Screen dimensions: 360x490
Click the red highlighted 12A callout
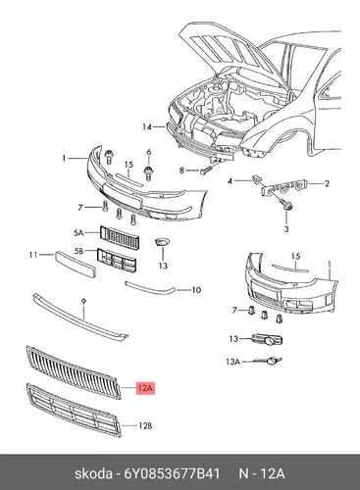pyautogui.click(x=145, y=388)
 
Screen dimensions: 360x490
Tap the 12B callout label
pyautogui.click(x=145, y=425)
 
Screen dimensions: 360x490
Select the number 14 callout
pyautogui.click(x=147, y=127)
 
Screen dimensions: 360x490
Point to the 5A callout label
pyautogui.click(x=78, y=233)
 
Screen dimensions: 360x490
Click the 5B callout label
pyautogui.click(x=78, y=251)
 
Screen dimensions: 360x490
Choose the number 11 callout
pyautogui.click(x=33, y=254)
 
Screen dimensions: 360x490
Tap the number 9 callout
pyautogui.click(x=83, y=302)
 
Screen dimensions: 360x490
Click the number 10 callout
pyautogui.click(x=196, y=290)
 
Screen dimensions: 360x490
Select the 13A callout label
pyautogui.click(x=232, y=362)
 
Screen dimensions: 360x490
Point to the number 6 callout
pyautogui.click(x=149, y=152)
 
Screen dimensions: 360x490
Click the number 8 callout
pyautogui.click(x=181, y=171)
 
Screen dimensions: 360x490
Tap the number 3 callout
pyautogui.click(x=286, y=229)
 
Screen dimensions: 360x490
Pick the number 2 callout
pyautogui.click(x=327, y=183)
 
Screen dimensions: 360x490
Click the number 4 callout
pyautogui.click(x=230, y=180)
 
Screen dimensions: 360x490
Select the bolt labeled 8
pyautogui.click(x=205, y=171)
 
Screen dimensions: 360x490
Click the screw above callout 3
pyautogui.click(x=286, y=205)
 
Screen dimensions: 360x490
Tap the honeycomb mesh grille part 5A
pyautogui.click(x=120, y=237)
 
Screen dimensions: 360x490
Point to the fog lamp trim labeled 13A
pyautogui.click(x=274, y=361)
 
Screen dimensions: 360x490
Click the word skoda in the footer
pyautogui.click(x=93, y=473)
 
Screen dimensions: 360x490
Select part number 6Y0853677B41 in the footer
pyautogui.click(x=173, y=473)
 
